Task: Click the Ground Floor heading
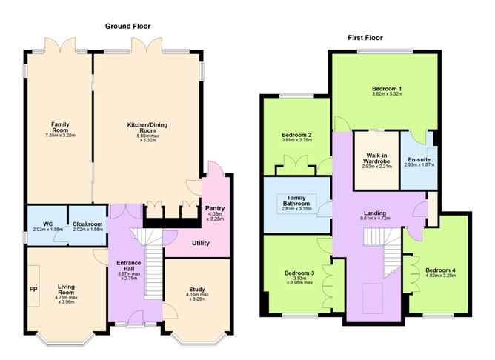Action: [x=127, y=26]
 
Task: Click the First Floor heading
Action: [x=365, y=38]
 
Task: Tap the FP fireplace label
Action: [x=33, y=289]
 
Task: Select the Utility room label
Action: [x=201, y=243]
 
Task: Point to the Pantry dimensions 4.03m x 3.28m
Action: [x=215, y=216]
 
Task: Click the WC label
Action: [x=48, y=224]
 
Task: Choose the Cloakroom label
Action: [x=87, y=224]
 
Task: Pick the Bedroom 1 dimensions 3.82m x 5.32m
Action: [x=387, y=94]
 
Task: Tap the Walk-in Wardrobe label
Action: [x=376, y=158]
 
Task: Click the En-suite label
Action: [x=419, y=160]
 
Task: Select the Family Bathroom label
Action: [x=296, y=200]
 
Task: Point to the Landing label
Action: [x=375, y=213]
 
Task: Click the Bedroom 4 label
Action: [x=440, y=270]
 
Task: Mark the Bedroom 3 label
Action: [x=299, y=273]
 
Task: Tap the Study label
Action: [x=197, y=290]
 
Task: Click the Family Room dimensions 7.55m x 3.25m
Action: [x=60, y=135]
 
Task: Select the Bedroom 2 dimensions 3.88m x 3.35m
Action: [x=296, y=140]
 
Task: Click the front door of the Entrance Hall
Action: [x=136, y=317]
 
